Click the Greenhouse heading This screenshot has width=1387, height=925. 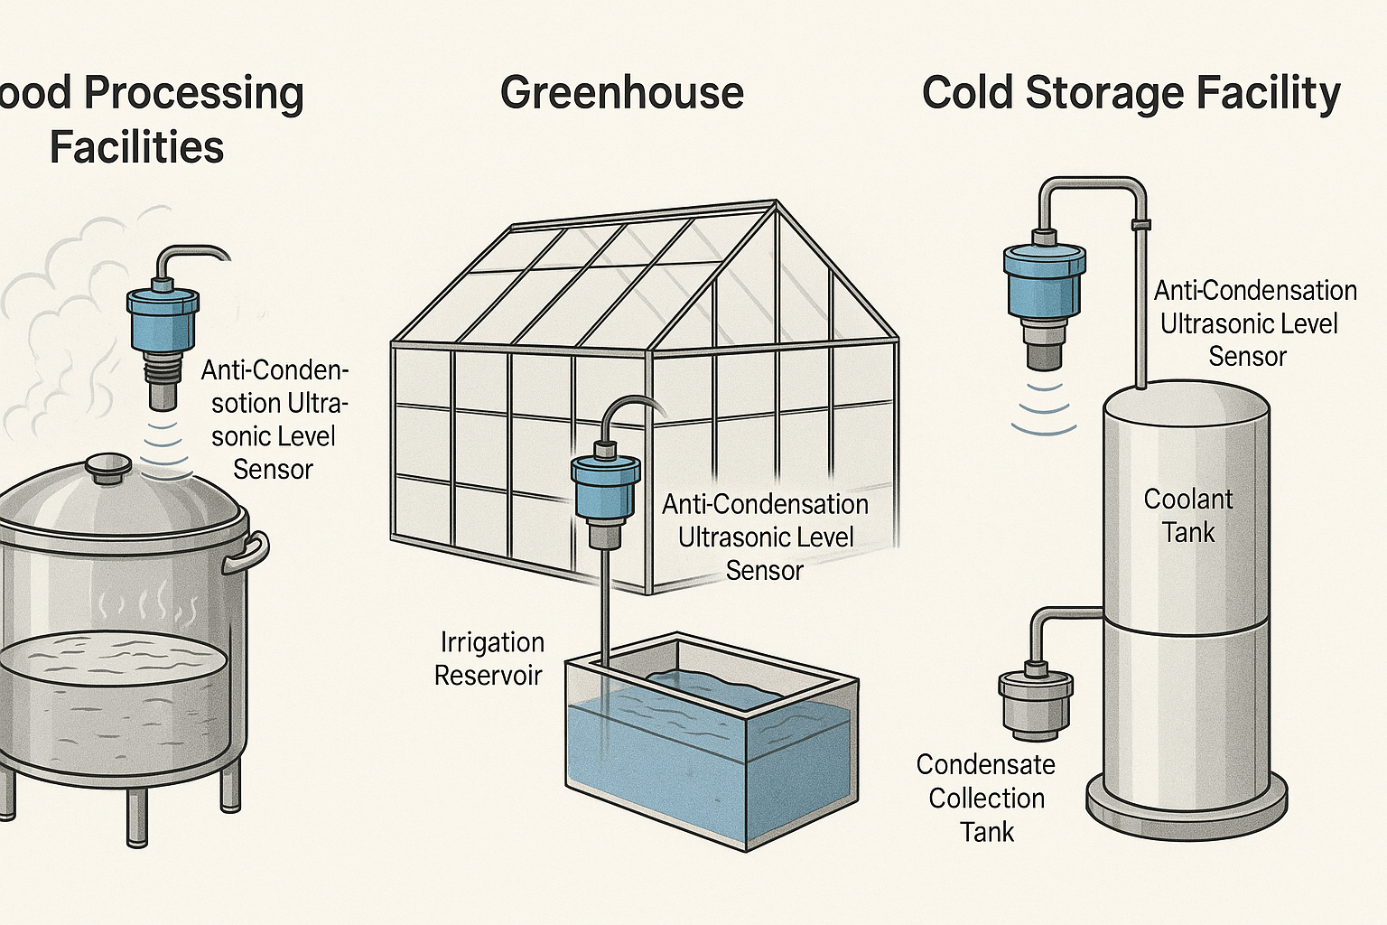(x=621, y=93)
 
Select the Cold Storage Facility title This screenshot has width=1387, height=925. (x=1131, y=94)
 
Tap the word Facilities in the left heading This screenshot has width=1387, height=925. (x=136, y=147)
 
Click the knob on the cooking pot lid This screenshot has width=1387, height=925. (x=108, y=466)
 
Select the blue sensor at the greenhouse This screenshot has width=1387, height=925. (x=605, y=485)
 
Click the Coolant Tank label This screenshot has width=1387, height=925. (x=1188, y=516)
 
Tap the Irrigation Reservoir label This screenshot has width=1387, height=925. (x=489, y=659)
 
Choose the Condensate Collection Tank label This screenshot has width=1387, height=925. (x=986, y=799)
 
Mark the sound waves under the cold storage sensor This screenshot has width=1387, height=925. (x=1044, y=408)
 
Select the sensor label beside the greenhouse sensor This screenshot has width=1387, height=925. (x=765, y=537)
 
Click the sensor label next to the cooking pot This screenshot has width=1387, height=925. (x=274, y=420)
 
